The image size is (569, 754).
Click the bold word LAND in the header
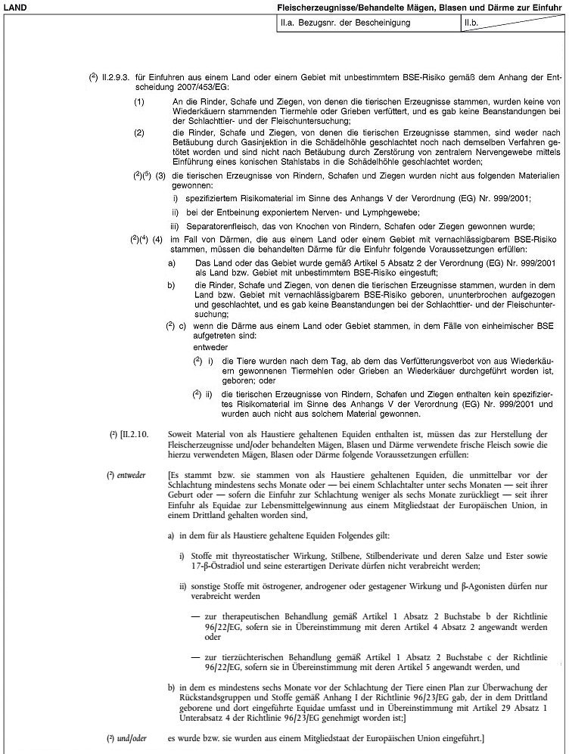(15, 7)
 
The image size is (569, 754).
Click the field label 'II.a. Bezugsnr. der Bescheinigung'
(345, 23)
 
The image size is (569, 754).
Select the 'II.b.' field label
(474, 23)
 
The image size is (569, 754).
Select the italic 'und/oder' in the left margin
(130, 737)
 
